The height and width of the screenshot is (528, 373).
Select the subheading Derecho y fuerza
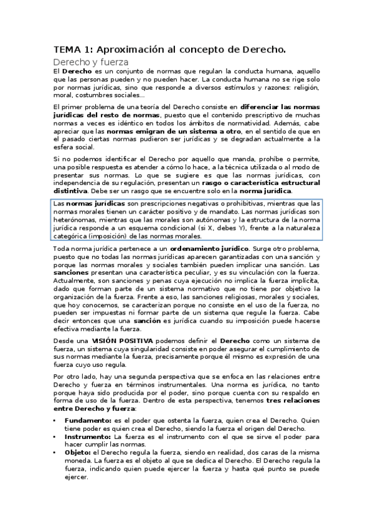pos(90,62)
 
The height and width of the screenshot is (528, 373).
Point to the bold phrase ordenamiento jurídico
pos(205,249)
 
